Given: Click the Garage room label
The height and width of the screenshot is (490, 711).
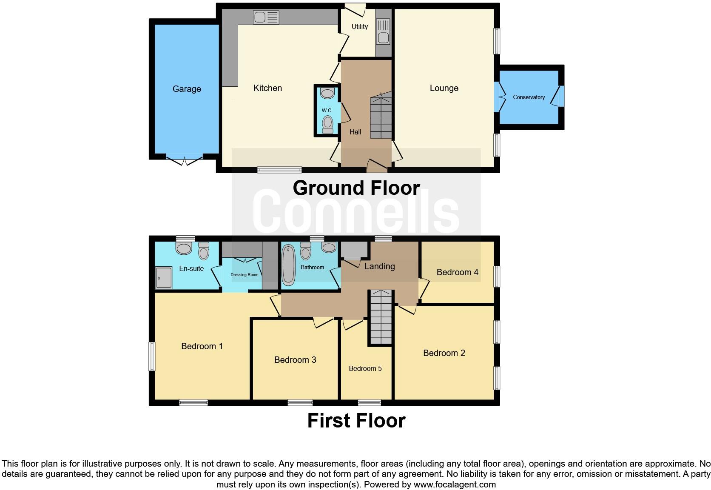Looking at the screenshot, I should click(187, 89).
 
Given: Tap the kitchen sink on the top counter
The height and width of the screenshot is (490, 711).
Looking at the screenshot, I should click(266, 17).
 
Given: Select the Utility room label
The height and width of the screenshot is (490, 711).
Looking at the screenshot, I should click(359, 26).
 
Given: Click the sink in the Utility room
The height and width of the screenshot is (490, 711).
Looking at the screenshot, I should click(383, 32).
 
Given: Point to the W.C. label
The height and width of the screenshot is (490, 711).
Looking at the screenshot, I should click(327, 111).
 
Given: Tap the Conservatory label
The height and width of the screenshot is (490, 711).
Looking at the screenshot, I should click(529, 97).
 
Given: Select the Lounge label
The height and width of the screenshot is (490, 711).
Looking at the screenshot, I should click(444, 88).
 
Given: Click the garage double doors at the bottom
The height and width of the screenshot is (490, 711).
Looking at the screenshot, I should click(185, 160).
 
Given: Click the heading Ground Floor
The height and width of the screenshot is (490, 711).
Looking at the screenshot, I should click(356, 188).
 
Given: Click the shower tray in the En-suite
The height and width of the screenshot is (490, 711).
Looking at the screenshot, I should click(163, 278).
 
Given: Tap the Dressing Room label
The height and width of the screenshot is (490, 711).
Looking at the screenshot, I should click(245, 275).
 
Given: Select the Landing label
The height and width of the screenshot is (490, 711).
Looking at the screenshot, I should click(379, 266).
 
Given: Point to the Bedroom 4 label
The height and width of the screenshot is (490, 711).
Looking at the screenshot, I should click(457, 272).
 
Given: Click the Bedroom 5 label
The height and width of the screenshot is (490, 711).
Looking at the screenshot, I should click(365, 368).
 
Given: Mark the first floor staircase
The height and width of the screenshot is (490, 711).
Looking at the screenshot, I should click(380, 318).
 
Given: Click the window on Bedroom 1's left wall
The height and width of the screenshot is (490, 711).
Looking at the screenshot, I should click(151, 356).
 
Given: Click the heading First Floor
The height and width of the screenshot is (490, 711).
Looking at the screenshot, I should click(356, 421).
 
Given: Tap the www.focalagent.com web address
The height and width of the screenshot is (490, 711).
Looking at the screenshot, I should click(454, 484).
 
